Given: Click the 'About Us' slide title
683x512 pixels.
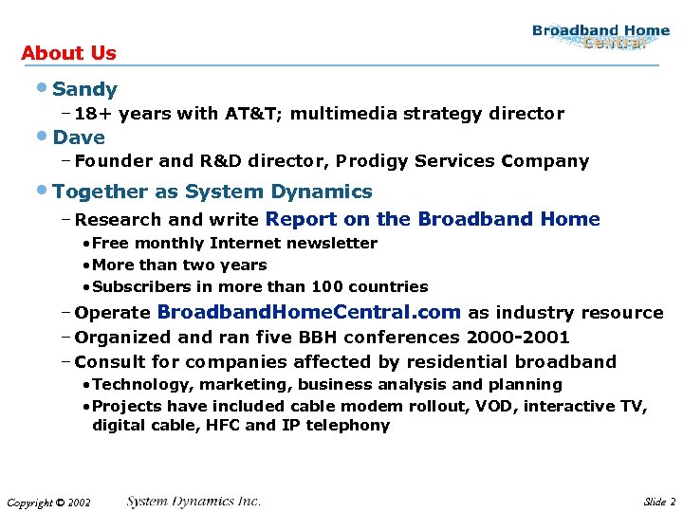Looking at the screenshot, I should click(x=68, y=53).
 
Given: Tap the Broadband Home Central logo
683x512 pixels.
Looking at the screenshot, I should click(x=600, y=37).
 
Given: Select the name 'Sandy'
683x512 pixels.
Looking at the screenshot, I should click(x=85, y=89).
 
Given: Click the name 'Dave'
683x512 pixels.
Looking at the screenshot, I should click(x=79, y=137).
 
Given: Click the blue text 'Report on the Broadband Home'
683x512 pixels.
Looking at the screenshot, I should click(x=433, y=219).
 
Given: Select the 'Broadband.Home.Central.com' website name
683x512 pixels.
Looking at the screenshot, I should click(x=308, y=312).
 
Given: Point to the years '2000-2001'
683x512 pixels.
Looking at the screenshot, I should click(x=518, y=337).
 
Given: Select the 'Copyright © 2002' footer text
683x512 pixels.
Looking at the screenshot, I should click(x=48, y=503).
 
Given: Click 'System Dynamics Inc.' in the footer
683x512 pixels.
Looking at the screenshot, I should click(x=194, y=501).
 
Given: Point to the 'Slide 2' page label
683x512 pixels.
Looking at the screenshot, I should click(x=658, y=502).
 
